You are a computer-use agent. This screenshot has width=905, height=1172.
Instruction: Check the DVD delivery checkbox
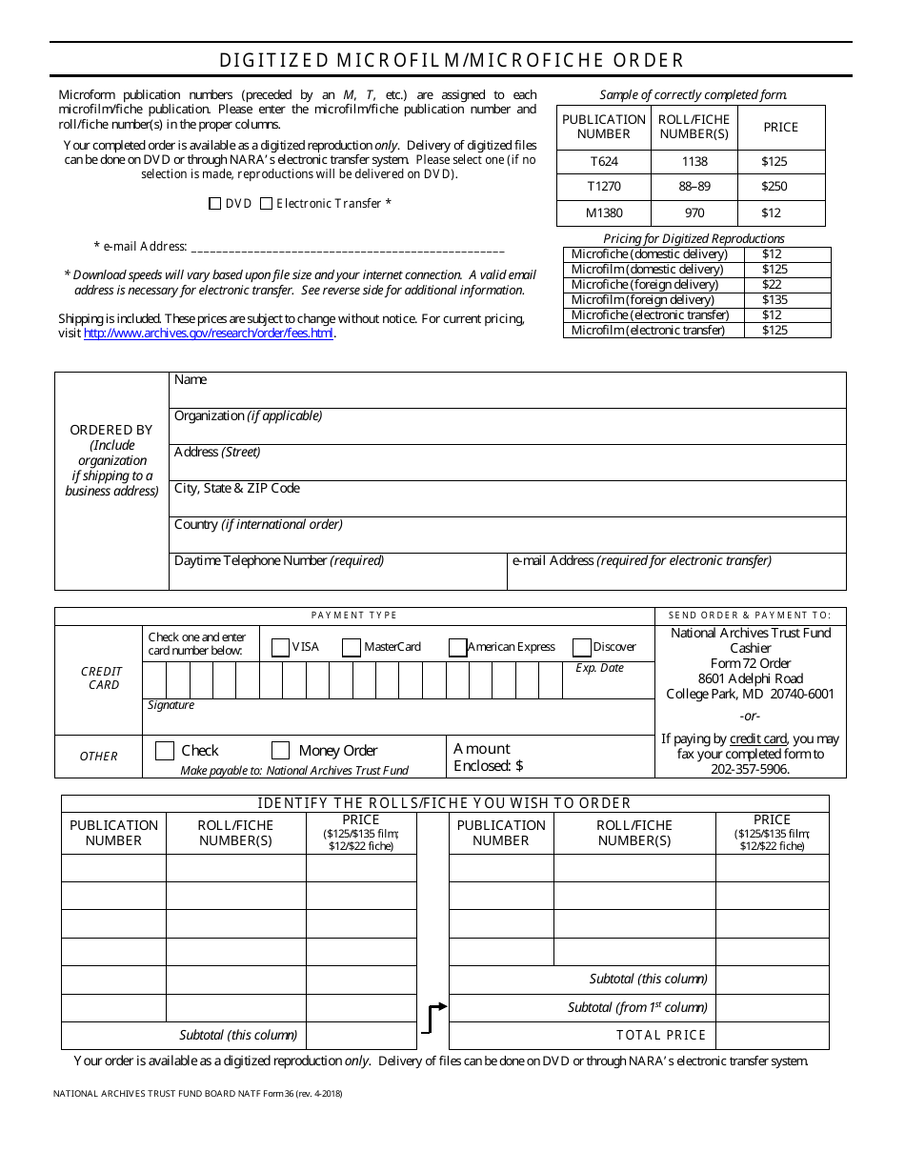click(x=214, y=203)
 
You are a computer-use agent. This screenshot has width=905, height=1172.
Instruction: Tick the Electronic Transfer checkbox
click(x=266, y=203)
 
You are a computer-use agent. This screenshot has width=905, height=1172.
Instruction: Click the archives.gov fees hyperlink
click(x=209, y=333)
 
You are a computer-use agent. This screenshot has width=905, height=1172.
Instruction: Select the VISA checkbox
click(x=280, y=648)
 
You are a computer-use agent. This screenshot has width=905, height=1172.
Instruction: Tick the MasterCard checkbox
click(x=352, y=648)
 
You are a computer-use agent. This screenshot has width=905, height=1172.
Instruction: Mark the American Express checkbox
click(x=457, y=648)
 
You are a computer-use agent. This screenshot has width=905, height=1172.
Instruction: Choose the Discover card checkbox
click(x=582, y=648)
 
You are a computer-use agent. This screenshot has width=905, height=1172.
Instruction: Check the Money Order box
click(x=280, y=750)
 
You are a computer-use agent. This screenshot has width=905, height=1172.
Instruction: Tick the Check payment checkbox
click(x=164, y=750)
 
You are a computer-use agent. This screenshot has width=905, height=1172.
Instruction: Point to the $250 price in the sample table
click(x=774, y=187)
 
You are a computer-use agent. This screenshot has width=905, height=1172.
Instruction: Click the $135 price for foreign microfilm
click(x=774, y=300)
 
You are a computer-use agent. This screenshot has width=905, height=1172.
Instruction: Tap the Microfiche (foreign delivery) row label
click(x=644, y=285)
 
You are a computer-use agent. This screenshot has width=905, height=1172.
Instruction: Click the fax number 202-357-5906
click(x=750, y=769)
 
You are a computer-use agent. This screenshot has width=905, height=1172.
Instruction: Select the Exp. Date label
click(x=599, y=668)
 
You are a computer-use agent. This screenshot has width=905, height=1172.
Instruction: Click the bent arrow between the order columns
click(x=433, y=1018)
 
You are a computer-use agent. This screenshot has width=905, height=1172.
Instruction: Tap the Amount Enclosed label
click(x=488, y=758)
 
